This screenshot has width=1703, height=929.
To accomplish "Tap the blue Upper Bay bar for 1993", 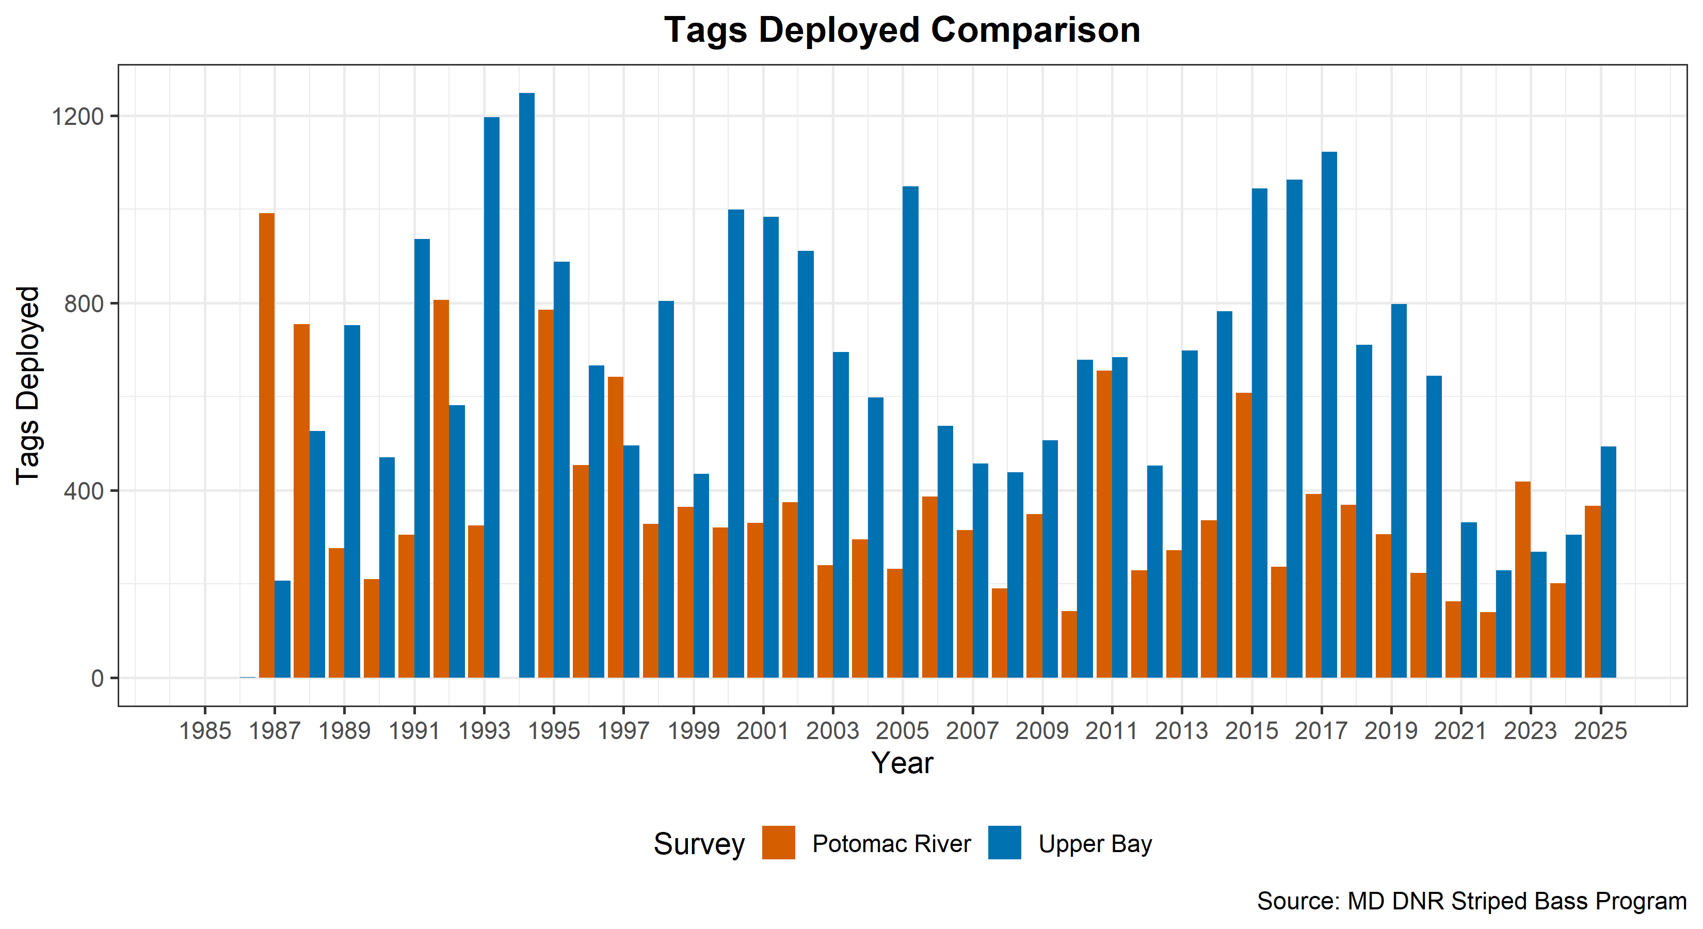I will click(x=492, y=397).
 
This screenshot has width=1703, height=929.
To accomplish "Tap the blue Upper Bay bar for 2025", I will click(x=1609, y=562).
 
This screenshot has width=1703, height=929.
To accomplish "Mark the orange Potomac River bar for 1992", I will click(x=441, y=489).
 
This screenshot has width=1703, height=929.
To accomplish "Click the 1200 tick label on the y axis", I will click(x=78, y=116).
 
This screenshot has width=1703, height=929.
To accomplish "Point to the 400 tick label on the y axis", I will click(x=84, y=491).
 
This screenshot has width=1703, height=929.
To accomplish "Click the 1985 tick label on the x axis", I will click(x=205, y=731).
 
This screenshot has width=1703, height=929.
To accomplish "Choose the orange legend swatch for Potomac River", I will click(x=778, y=842).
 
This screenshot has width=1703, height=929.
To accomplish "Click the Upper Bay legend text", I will click(x=1095, y=844).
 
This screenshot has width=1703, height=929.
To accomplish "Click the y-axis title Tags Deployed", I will click(x=29, y=386).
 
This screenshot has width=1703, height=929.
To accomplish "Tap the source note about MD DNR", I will click(x=1471, y=901).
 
